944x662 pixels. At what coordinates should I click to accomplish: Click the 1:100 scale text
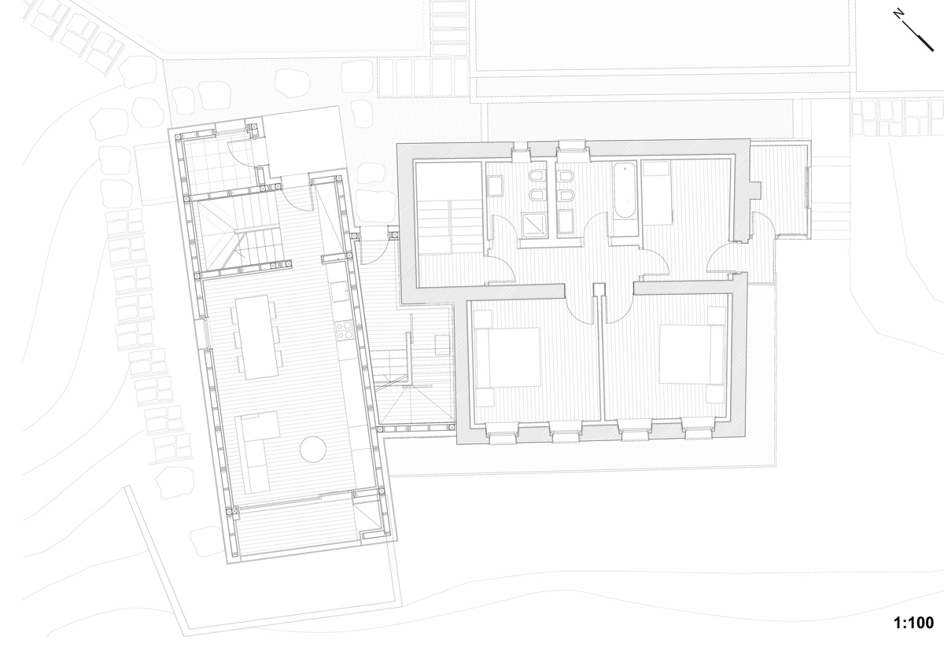coord(913,623)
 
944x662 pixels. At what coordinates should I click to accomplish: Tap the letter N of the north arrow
coord(898,13)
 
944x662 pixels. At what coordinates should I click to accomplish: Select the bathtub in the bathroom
coord(625,190)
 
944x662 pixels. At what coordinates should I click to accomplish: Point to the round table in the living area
coord(312,449)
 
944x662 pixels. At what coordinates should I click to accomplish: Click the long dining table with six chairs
coord(256,336)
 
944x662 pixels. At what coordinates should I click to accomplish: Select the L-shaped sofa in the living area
coord(257,448)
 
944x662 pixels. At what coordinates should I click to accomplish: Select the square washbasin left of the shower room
coord(496,186)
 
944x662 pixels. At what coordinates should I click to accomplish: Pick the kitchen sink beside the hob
coord(340,292)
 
